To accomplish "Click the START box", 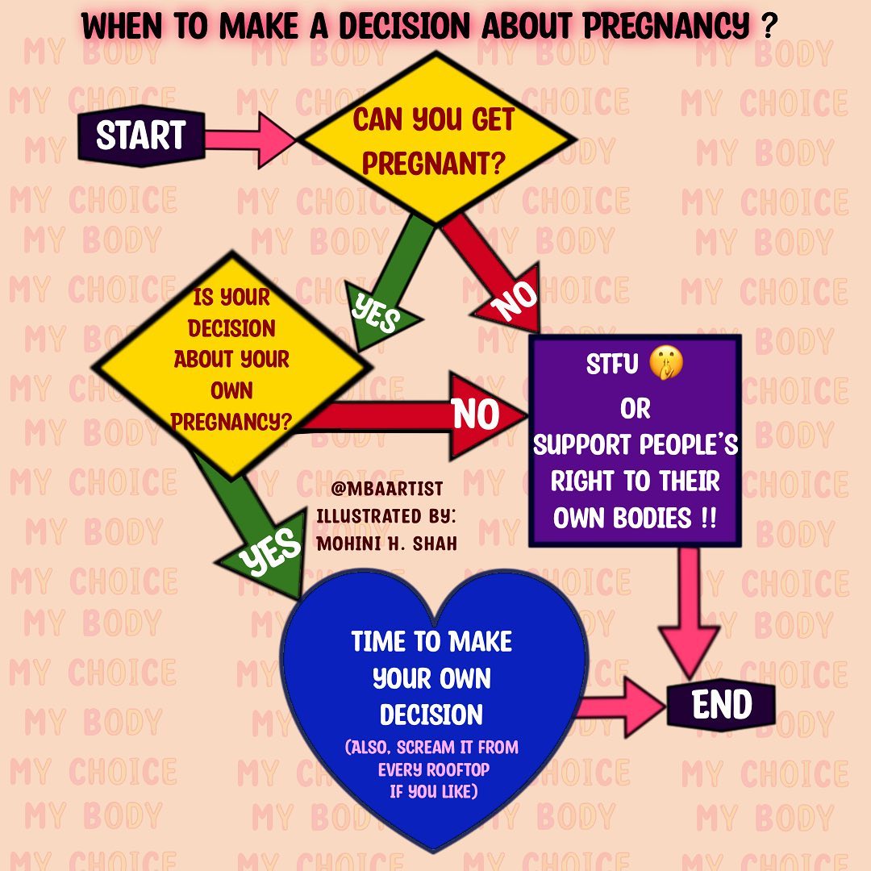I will [141, 135].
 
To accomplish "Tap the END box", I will [721, 706].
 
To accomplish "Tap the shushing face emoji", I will [666, 365].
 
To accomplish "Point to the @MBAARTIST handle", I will [386, 489].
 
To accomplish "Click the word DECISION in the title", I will [407, 27].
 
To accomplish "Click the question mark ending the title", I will [769, 27].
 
